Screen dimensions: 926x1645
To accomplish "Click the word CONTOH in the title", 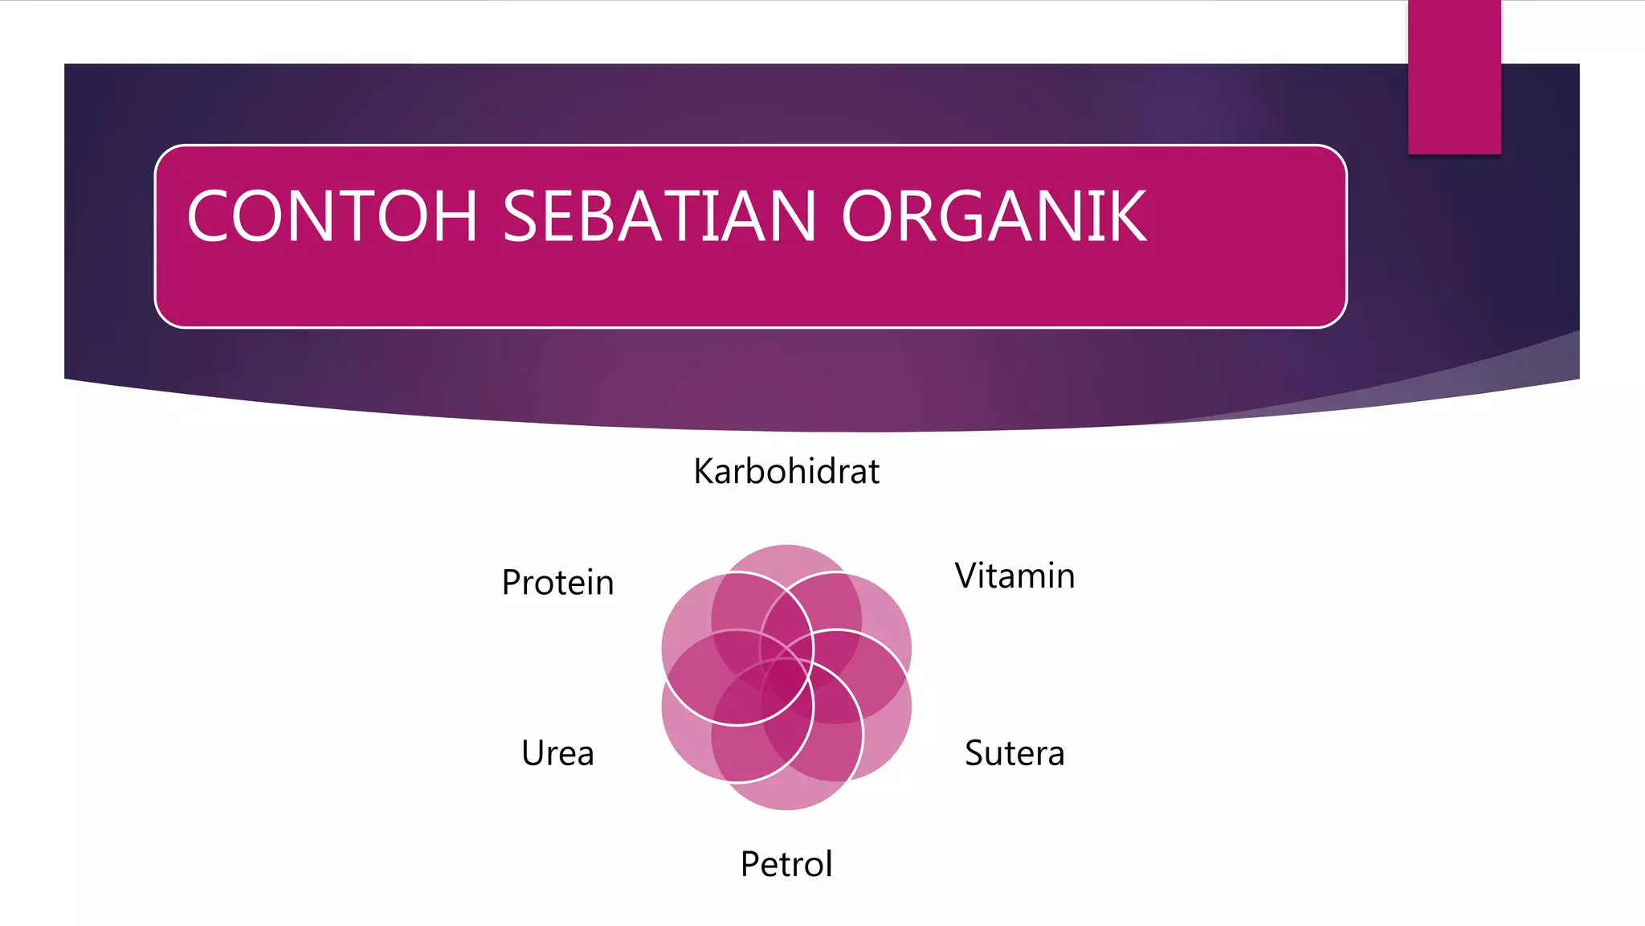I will click(332, 216).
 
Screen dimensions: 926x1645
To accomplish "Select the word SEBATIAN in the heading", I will click(659, 216).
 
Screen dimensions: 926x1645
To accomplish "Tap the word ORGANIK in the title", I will click(994, 216).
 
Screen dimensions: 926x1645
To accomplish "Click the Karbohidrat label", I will click(786, 471).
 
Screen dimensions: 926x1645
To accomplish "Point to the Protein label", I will click(557, 582).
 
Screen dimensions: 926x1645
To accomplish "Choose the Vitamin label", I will click(1014, 576).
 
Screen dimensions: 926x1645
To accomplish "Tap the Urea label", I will click(557, 753).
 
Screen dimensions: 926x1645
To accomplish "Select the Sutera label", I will click(1014, 753).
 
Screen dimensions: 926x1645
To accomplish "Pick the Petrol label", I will click(786, 864).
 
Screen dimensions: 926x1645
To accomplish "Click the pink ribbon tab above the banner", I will click(1454, 77).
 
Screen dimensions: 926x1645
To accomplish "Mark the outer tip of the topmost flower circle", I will click(786, 547).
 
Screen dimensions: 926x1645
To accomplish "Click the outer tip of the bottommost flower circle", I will click(786, 807).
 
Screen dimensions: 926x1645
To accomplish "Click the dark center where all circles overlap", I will click(786, 677).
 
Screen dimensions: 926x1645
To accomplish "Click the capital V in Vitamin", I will click(966, 576).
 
